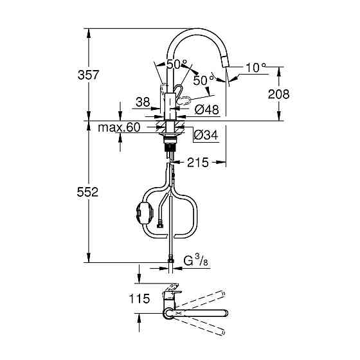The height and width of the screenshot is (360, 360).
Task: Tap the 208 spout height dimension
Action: [x=278, y=94]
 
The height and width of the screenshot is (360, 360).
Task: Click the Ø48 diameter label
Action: [x=206, y=110]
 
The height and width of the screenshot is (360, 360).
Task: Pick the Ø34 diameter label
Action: [x=206, y=135]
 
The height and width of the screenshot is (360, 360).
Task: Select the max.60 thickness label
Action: [x=119, y=128]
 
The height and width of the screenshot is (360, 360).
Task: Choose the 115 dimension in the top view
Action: [x=139, y=299]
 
